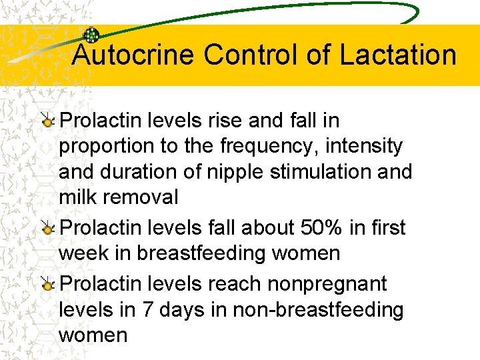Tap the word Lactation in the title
[x=398, y=55]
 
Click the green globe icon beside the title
[x=91, y=36]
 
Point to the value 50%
[x=322, y=228]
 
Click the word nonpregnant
[x=327, y=284]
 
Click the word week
[x=81, y=253]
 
